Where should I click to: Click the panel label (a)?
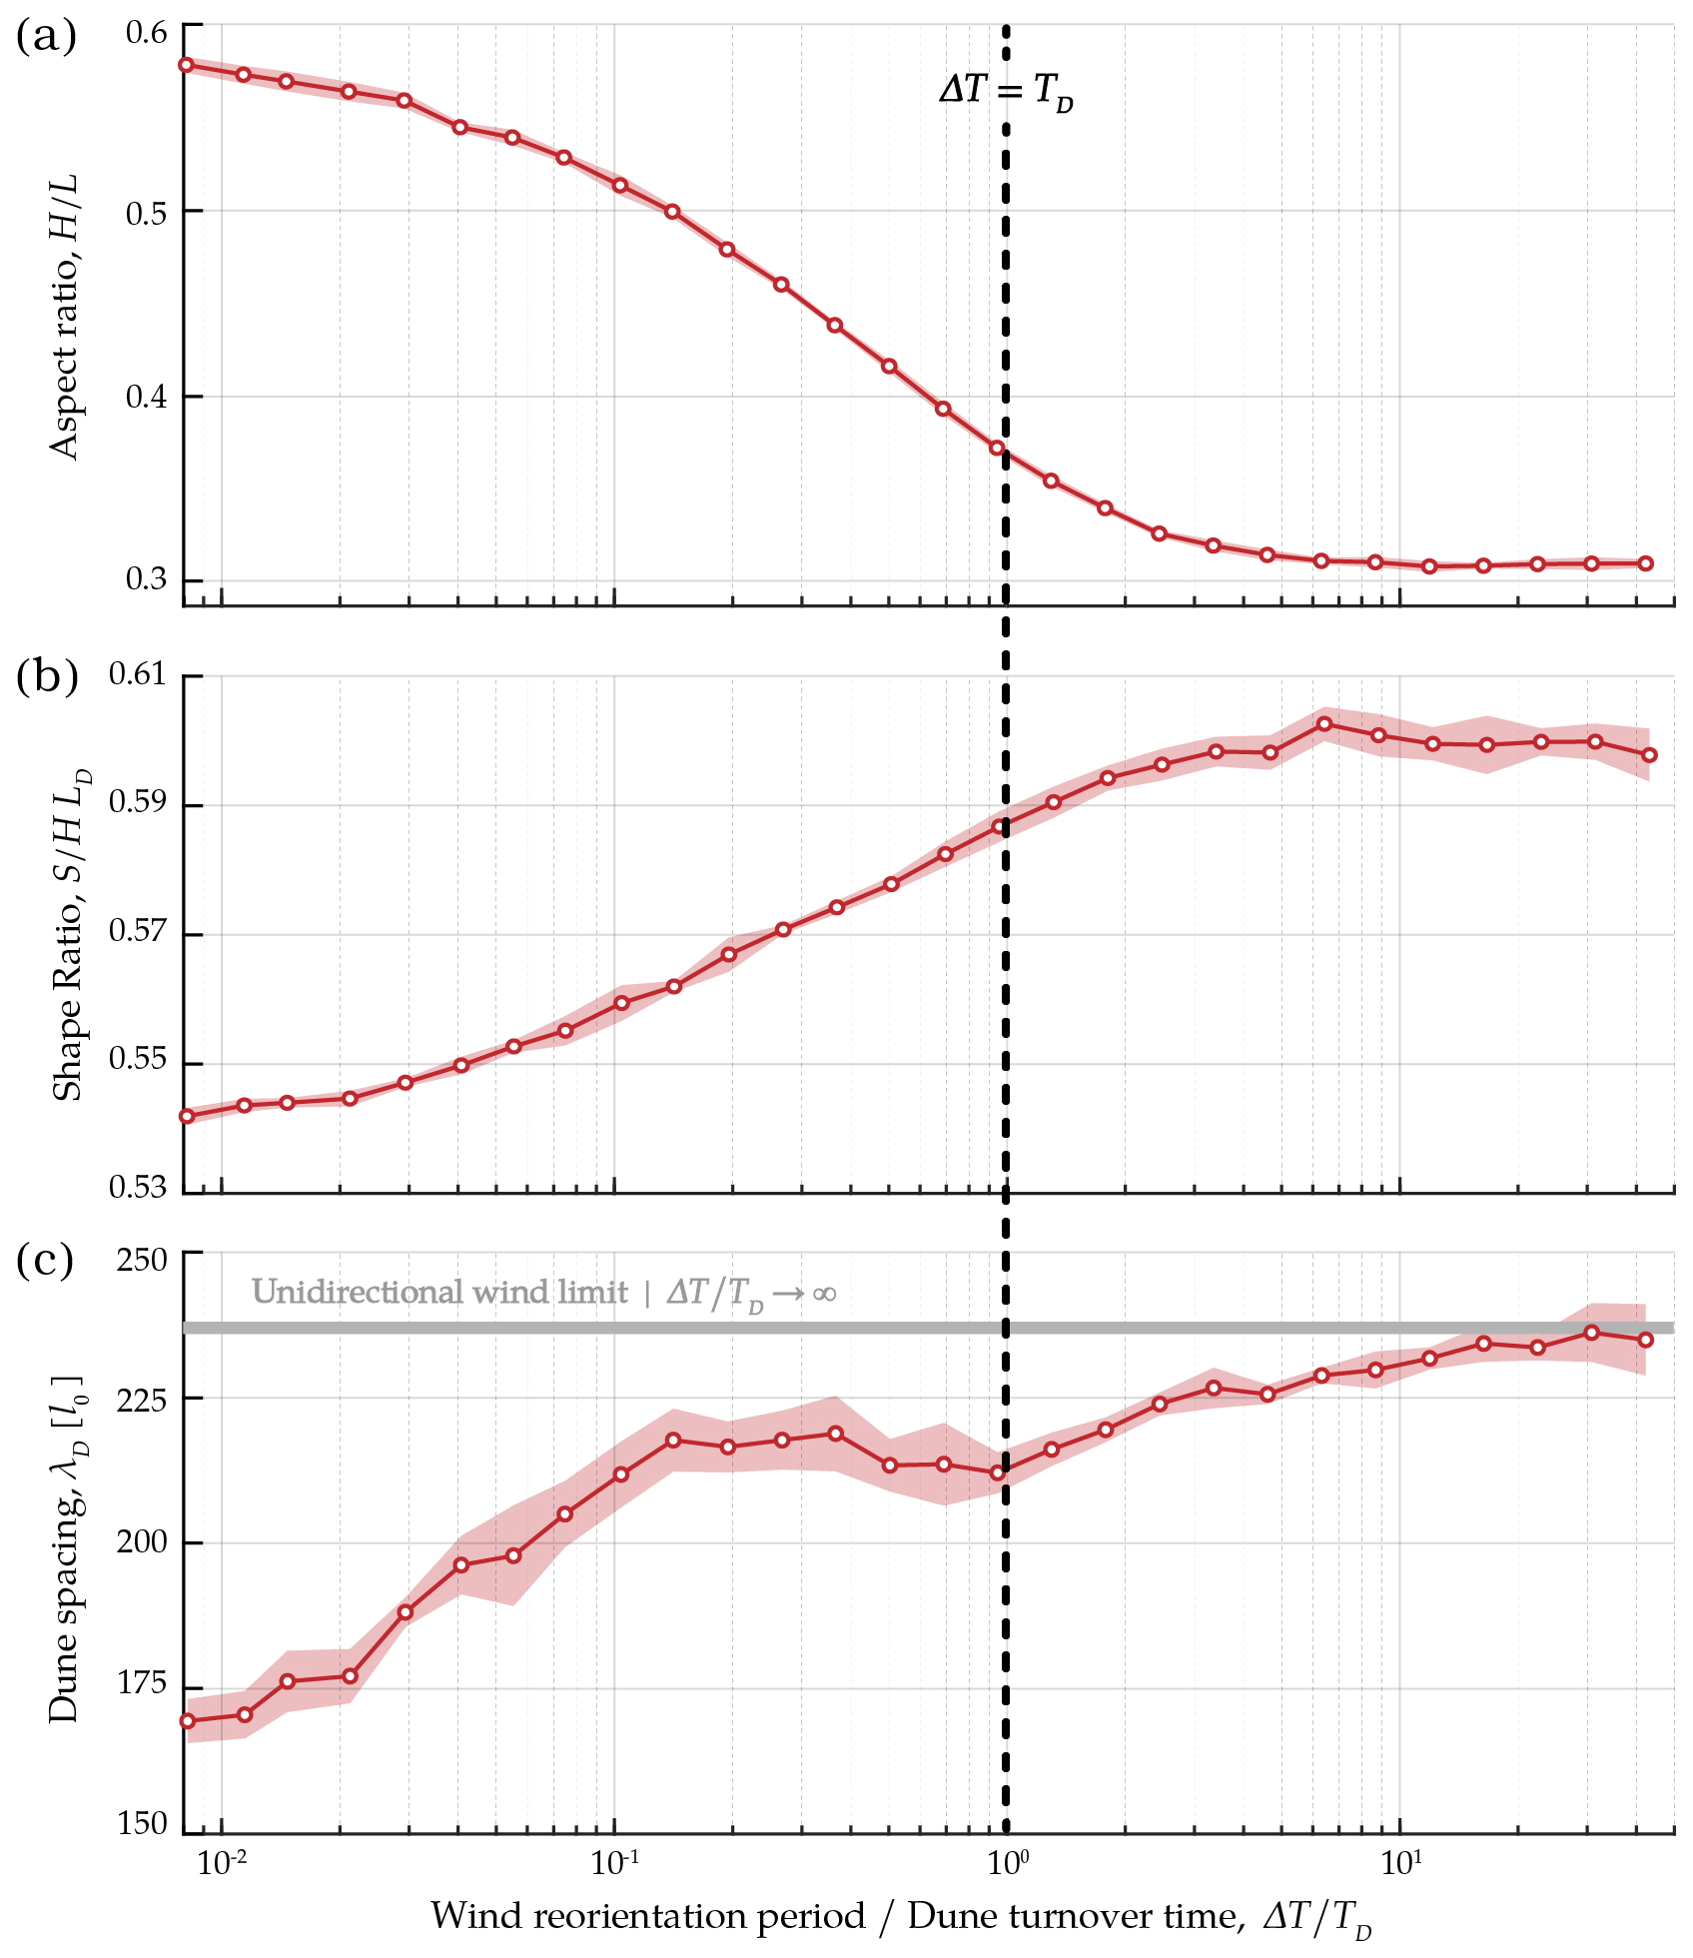click(46, 37)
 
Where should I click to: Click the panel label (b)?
click(47, 677)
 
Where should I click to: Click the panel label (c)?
click(46, 1261)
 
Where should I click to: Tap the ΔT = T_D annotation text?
click(1006, 92)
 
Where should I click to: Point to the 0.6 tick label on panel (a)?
click(146, 33)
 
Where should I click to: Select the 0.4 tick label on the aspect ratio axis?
click(146, 398)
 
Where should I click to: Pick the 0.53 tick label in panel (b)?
click(138, 1188)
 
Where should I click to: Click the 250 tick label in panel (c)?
click(142, 1261)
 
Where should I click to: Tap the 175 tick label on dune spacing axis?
click(142, 1685)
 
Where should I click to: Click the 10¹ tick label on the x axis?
click(1400, 1862)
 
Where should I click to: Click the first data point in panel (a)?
click(186, 65)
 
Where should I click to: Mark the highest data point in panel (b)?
click(1324, 723)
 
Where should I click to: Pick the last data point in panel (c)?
click(1646, 1340)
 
